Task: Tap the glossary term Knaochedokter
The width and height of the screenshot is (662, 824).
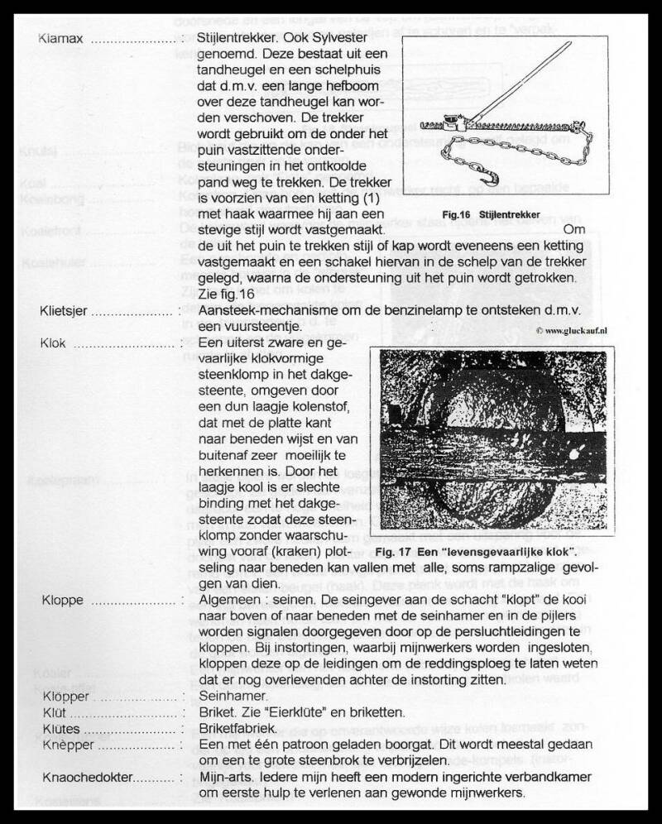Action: [85, 778]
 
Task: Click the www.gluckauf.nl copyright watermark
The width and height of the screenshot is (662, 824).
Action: [570, 328]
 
